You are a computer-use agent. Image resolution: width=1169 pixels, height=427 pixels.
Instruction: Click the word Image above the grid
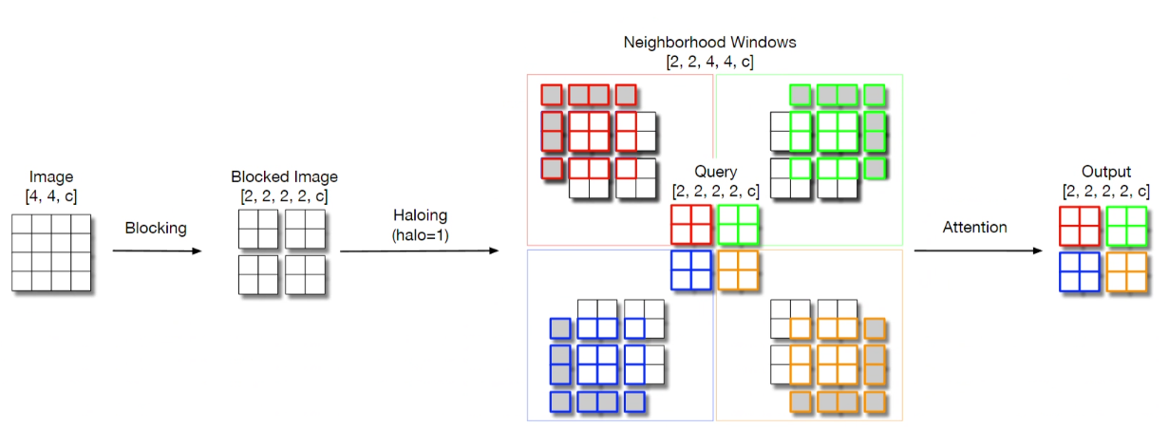(x=51, y=176)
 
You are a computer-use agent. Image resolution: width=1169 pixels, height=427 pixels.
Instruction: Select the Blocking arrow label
(x=156, y=229)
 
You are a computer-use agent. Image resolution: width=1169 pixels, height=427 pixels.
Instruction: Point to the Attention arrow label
(x=974, y=228)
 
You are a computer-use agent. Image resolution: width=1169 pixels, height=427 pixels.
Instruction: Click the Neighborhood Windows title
(x=709, y=43)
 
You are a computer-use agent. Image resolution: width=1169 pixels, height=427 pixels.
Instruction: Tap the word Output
(x=1106, y=172)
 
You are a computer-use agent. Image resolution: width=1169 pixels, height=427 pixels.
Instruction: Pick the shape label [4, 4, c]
(x=51, y=195)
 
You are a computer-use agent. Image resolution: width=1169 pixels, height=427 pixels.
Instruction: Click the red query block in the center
(x=691, y=225)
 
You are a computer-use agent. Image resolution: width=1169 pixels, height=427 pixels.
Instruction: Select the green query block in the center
(x=738, y=225)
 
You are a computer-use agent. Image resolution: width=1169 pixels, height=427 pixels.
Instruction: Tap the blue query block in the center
(x=691, y=269)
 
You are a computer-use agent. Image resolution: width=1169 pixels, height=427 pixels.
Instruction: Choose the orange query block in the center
(x=738, y=269)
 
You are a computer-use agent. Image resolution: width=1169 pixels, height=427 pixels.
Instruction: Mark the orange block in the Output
(x=1126, y=273)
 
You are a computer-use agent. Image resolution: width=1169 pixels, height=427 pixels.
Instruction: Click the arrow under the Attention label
(x=977, y=251)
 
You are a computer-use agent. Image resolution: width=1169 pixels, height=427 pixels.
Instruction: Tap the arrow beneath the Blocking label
(x=157, y=251)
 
